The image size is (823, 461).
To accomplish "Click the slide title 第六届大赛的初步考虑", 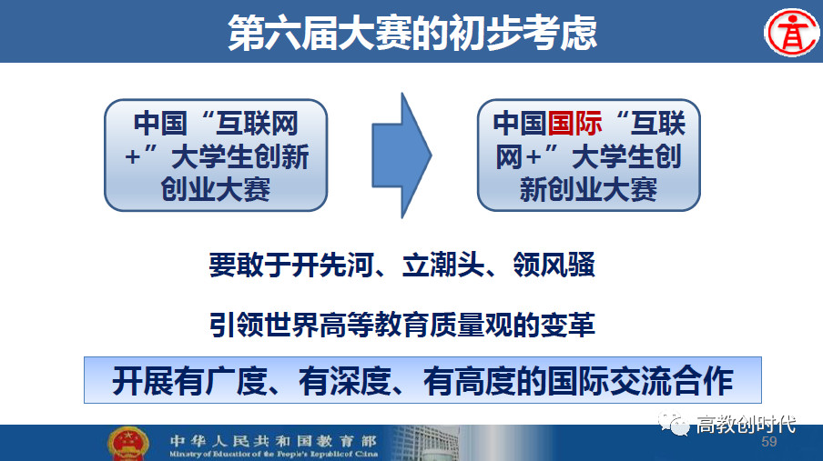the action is [x=412, y=33].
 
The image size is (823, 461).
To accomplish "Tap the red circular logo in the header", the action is [x=791, y=33].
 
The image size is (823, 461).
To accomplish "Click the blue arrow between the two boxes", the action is [x=401, y=155].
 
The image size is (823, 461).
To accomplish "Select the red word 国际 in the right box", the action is [x=574, y=124].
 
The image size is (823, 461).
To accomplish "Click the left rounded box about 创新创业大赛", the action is [x=216, y=155].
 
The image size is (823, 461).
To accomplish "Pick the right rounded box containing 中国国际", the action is [x=588, y=155].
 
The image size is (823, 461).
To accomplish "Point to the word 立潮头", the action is [x=442, y=265].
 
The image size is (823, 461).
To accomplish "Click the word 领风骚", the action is [x=554, y=265].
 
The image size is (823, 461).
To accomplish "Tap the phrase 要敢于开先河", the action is [x=291, y=265].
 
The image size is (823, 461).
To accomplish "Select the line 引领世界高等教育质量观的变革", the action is [x=402, y=325].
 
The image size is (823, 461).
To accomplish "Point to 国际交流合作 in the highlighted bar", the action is [x=640, y=381].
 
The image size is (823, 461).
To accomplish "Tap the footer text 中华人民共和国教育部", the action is [x=273, y=441].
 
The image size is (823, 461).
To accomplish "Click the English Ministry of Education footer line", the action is [x=273, y=454].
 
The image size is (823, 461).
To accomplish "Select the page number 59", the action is [x=769, y=442].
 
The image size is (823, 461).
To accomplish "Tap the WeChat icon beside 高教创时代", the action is [x=674, y=424].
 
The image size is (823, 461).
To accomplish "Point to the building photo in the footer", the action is [x=425, y=443].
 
